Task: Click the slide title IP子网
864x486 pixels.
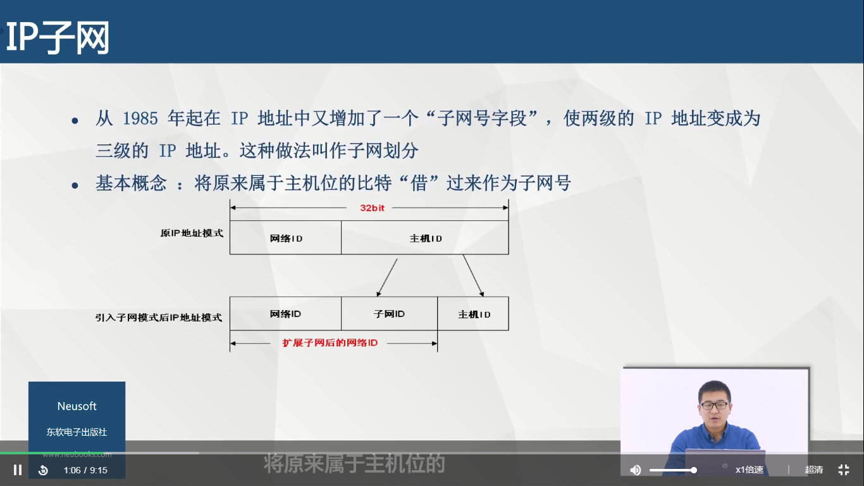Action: click(58, 37)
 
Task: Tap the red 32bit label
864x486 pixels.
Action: click(372, 208)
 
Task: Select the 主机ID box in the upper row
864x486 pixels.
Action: click(424, 237)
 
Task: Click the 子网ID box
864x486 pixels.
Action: click(389, 313)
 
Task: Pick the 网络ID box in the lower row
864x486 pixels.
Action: click(285, 313)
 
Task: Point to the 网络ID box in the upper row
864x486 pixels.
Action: click(285, 237)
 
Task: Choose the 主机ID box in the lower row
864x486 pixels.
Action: click(473, 313)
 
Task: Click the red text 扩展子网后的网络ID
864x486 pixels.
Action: click(330, 343)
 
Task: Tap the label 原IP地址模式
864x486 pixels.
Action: click(192, 233)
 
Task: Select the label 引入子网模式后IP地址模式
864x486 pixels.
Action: click(159, 317)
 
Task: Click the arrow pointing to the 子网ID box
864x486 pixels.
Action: click(387, 278)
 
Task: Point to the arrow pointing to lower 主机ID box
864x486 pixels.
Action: click(473, 276)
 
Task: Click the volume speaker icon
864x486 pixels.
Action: click(635, 470)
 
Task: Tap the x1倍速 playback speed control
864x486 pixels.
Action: click(749, 470)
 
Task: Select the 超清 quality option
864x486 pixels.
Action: click(813, 470)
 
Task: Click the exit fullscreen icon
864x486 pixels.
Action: click(844, 470)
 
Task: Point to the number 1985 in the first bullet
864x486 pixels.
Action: click(140, 118)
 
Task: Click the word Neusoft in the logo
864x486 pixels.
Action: click(77, 406)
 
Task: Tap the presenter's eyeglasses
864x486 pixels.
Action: click(714, 406)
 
